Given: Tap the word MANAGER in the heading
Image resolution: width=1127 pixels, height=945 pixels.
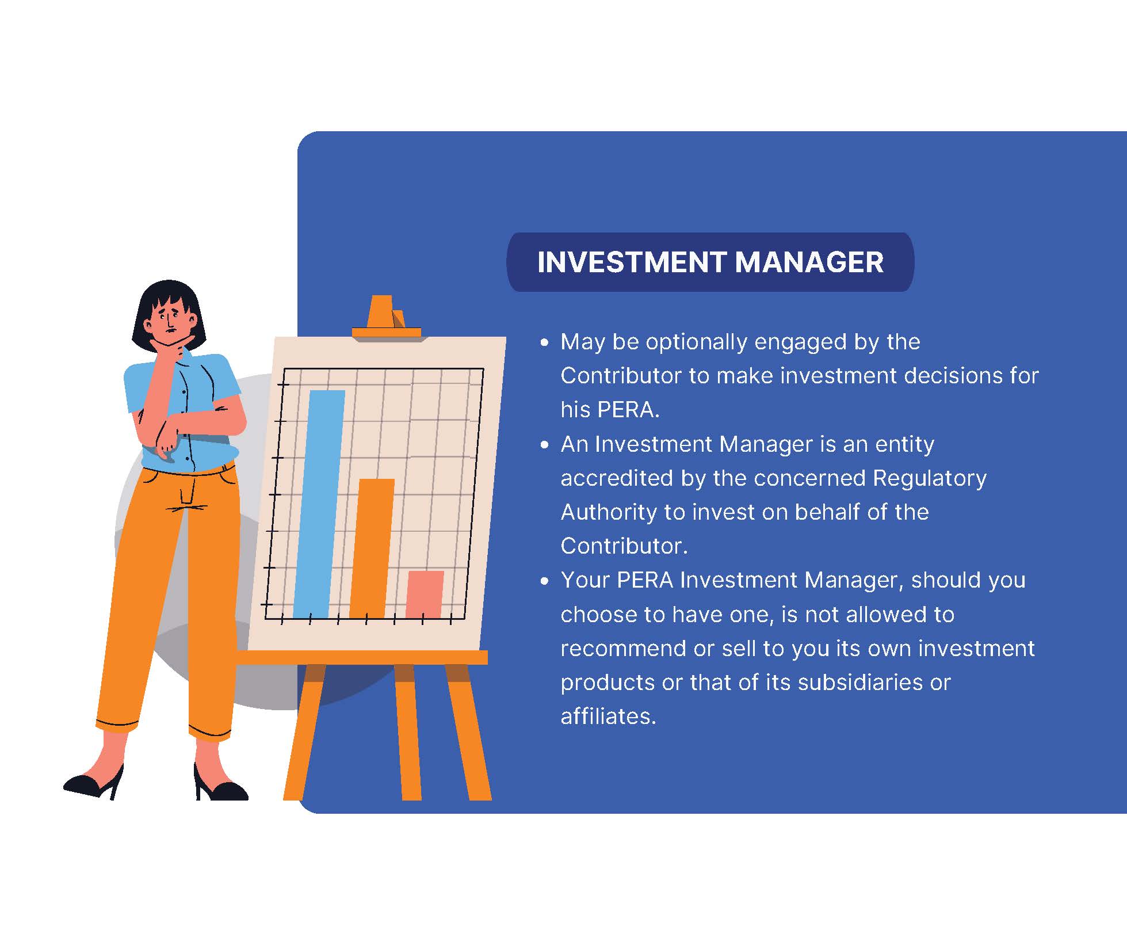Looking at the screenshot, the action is click(x=809, y=262).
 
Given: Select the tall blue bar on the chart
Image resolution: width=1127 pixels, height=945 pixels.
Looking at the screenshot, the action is click(x=319, y=504).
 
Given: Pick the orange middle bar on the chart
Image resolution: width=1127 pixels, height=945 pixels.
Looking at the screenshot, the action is click(x=372, y=548).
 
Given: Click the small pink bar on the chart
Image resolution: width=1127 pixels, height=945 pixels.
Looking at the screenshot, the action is click(x=425, y=595).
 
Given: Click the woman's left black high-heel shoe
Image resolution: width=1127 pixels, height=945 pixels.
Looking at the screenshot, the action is click(x=93, y=782).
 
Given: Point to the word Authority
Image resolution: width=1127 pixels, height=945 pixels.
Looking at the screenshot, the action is click(x=609, y=512).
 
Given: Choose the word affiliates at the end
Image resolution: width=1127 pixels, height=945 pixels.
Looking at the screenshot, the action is click(x=608, y=717).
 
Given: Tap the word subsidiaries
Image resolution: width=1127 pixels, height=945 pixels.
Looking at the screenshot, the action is click(x=860, y=683).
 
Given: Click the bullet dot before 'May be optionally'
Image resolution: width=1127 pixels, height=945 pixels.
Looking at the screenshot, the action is click(x=545, y=343).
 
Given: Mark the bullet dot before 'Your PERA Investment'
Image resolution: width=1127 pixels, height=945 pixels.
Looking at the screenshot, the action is click(x=545, y=581).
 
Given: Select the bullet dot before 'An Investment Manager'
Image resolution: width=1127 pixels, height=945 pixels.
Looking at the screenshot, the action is click(x=545, y=445).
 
